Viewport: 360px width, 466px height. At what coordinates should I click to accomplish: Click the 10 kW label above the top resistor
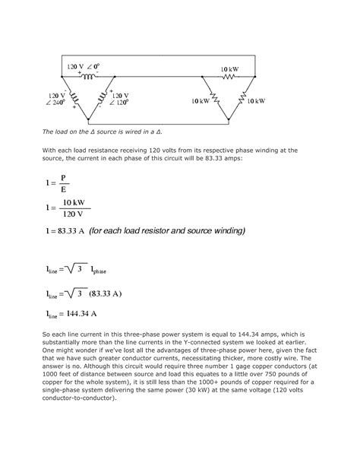pos(231,68)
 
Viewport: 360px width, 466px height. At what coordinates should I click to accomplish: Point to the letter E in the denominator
pos(65,190)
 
